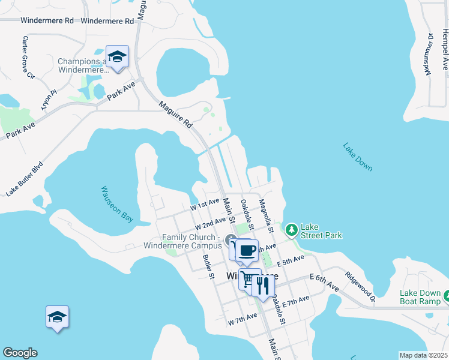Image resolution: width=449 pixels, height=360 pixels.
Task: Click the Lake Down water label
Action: [x=358, y=157]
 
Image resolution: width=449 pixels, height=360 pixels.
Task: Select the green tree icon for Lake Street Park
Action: [x=291, y=230]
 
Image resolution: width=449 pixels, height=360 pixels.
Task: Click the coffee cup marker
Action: [x=246, y=249]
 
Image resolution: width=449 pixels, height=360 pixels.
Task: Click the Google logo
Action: [x=20, y=353]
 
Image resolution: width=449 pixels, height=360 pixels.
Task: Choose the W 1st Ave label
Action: [x=205, y=206]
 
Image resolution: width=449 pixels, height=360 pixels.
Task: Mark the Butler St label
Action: [x=208, y=267]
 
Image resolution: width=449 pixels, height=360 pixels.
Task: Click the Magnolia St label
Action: [x=266, y=217]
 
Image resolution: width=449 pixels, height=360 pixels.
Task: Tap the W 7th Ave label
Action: [x=243, y=322]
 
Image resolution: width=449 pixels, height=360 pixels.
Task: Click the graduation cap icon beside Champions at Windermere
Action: [x=117, y=57]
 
